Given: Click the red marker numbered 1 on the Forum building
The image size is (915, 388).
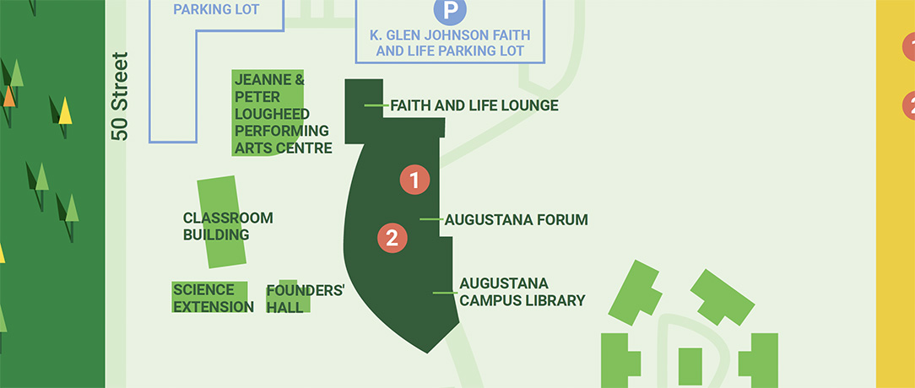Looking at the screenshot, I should pos(414,179).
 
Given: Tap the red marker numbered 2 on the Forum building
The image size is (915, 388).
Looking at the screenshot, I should pos(392,238).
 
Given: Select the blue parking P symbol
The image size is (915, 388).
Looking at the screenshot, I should pos(450,10).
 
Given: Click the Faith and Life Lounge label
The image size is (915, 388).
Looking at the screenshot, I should pos(474,105).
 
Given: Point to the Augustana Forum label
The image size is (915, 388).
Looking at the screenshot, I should pos(516,220).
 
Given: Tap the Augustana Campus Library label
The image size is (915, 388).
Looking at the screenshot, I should pos(522,292).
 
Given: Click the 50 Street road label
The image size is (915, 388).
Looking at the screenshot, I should pos(120,96).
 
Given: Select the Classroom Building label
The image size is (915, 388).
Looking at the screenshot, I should pos(227,226).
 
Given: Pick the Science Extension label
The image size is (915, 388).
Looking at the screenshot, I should pos(212,299).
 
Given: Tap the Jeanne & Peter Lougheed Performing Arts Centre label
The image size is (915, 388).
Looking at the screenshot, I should pos(282,114).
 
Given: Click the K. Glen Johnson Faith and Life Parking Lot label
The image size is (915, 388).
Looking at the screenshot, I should pos(450,43).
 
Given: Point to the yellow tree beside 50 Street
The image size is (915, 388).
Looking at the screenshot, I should pos(64,111).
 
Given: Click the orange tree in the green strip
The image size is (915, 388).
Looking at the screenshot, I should pos(9,96).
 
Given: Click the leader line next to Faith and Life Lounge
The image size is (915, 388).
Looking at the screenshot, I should pos(375,105).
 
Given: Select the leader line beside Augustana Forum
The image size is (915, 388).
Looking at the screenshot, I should pos(430,219).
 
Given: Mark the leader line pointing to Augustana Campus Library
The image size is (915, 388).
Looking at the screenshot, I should pos(444,293).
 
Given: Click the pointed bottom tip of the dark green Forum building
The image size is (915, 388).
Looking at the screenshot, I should pos(426,350).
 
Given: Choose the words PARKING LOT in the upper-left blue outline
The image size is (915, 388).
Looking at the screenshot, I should pos(216,10).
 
